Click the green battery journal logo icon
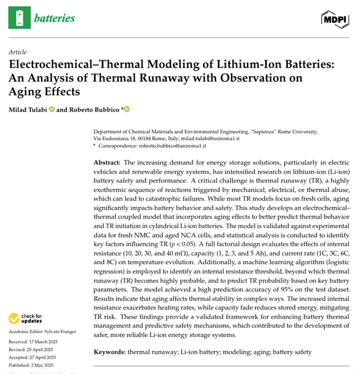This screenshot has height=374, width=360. (x=20, y=17)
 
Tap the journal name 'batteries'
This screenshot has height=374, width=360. (x=55, y=18)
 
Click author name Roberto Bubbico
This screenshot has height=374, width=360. (x=97, y=109)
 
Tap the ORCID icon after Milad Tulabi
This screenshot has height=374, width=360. (x=52, y=109)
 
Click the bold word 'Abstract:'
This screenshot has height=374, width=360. (x=107, y=162)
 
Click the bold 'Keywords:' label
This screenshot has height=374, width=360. (x=109, y=351)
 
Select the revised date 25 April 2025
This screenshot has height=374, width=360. (x=46, y=350)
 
